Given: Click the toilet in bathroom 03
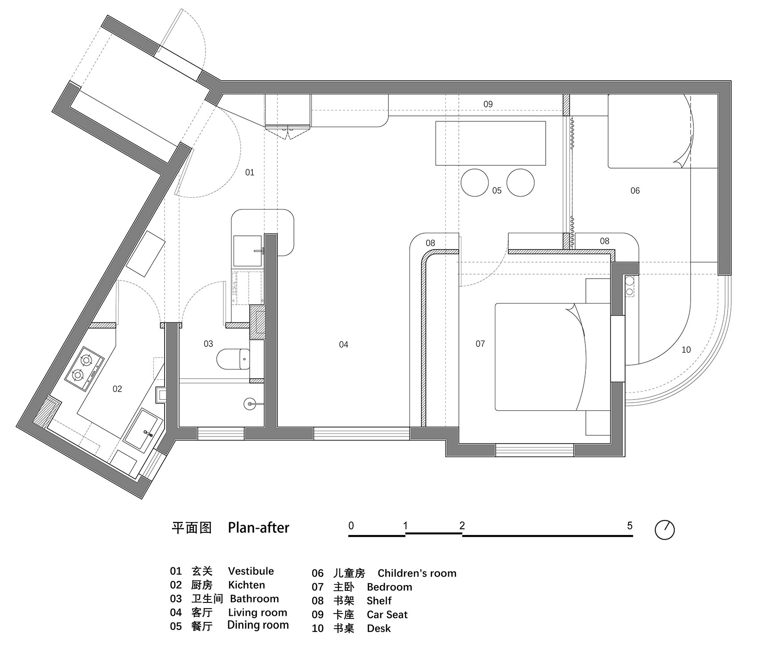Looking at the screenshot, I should (x=233, y=359).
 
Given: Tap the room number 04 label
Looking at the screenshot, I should (x=343, y=344).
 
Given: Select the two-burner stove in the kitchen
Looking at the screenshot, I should (x=84, y=367).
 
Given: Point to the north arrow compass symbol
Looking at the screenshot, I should (x=664, y=530).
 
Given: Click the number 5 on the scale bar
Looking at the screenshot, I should (x=630, y=526).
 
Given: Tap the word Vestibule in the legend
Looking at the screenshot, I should (x=251, y=571).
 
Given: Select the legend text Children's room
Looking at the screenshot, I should (x=417, y=573).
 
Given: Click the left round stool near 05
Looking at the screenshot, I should (x=474, y=182).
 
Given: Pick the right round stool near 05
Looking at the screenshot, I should (x=520, y=182).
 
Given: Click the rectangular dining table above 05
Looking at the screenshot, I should (x=490, y=143).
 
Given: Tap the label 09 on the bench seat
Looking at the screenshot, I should (x=488, y=104).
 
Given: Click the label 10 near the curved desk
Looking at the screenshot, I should (x=686, y=350).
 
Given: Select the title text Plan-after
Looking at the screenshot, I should (x=258, y=528).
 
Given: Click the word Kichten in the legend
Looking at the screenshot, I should (x=247, y=585).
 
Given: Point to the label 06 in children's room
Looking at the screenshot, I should (x=635, y=191).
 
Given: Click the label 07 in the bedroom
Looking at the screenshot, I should (x=480, y=344).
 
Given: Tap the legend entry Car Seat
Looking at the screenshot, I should (x=387, y=615).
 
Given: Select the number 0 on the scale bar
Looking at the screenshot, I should (x=351, y=526).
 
